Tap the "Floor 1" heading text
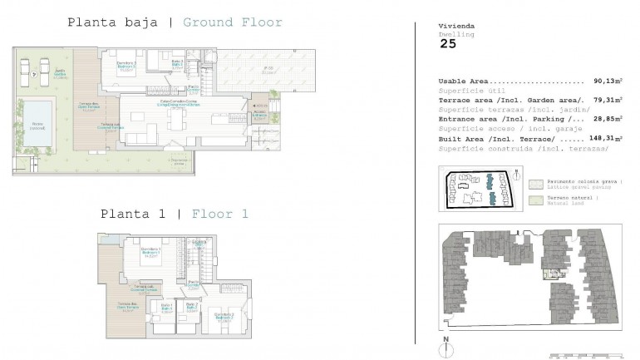click(x=220, y=214)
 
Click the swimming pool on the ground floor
click(x=36, y=116)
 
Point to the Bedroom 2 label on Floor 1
click(x=223, y=316)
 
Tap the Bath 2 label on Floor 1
click(x=191, y=308)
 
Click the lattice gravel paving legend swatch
click(x=535, y=182)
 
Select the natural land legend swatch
click(x=535, y=200)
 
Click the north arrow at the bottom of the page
click(x=447, y=344)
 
